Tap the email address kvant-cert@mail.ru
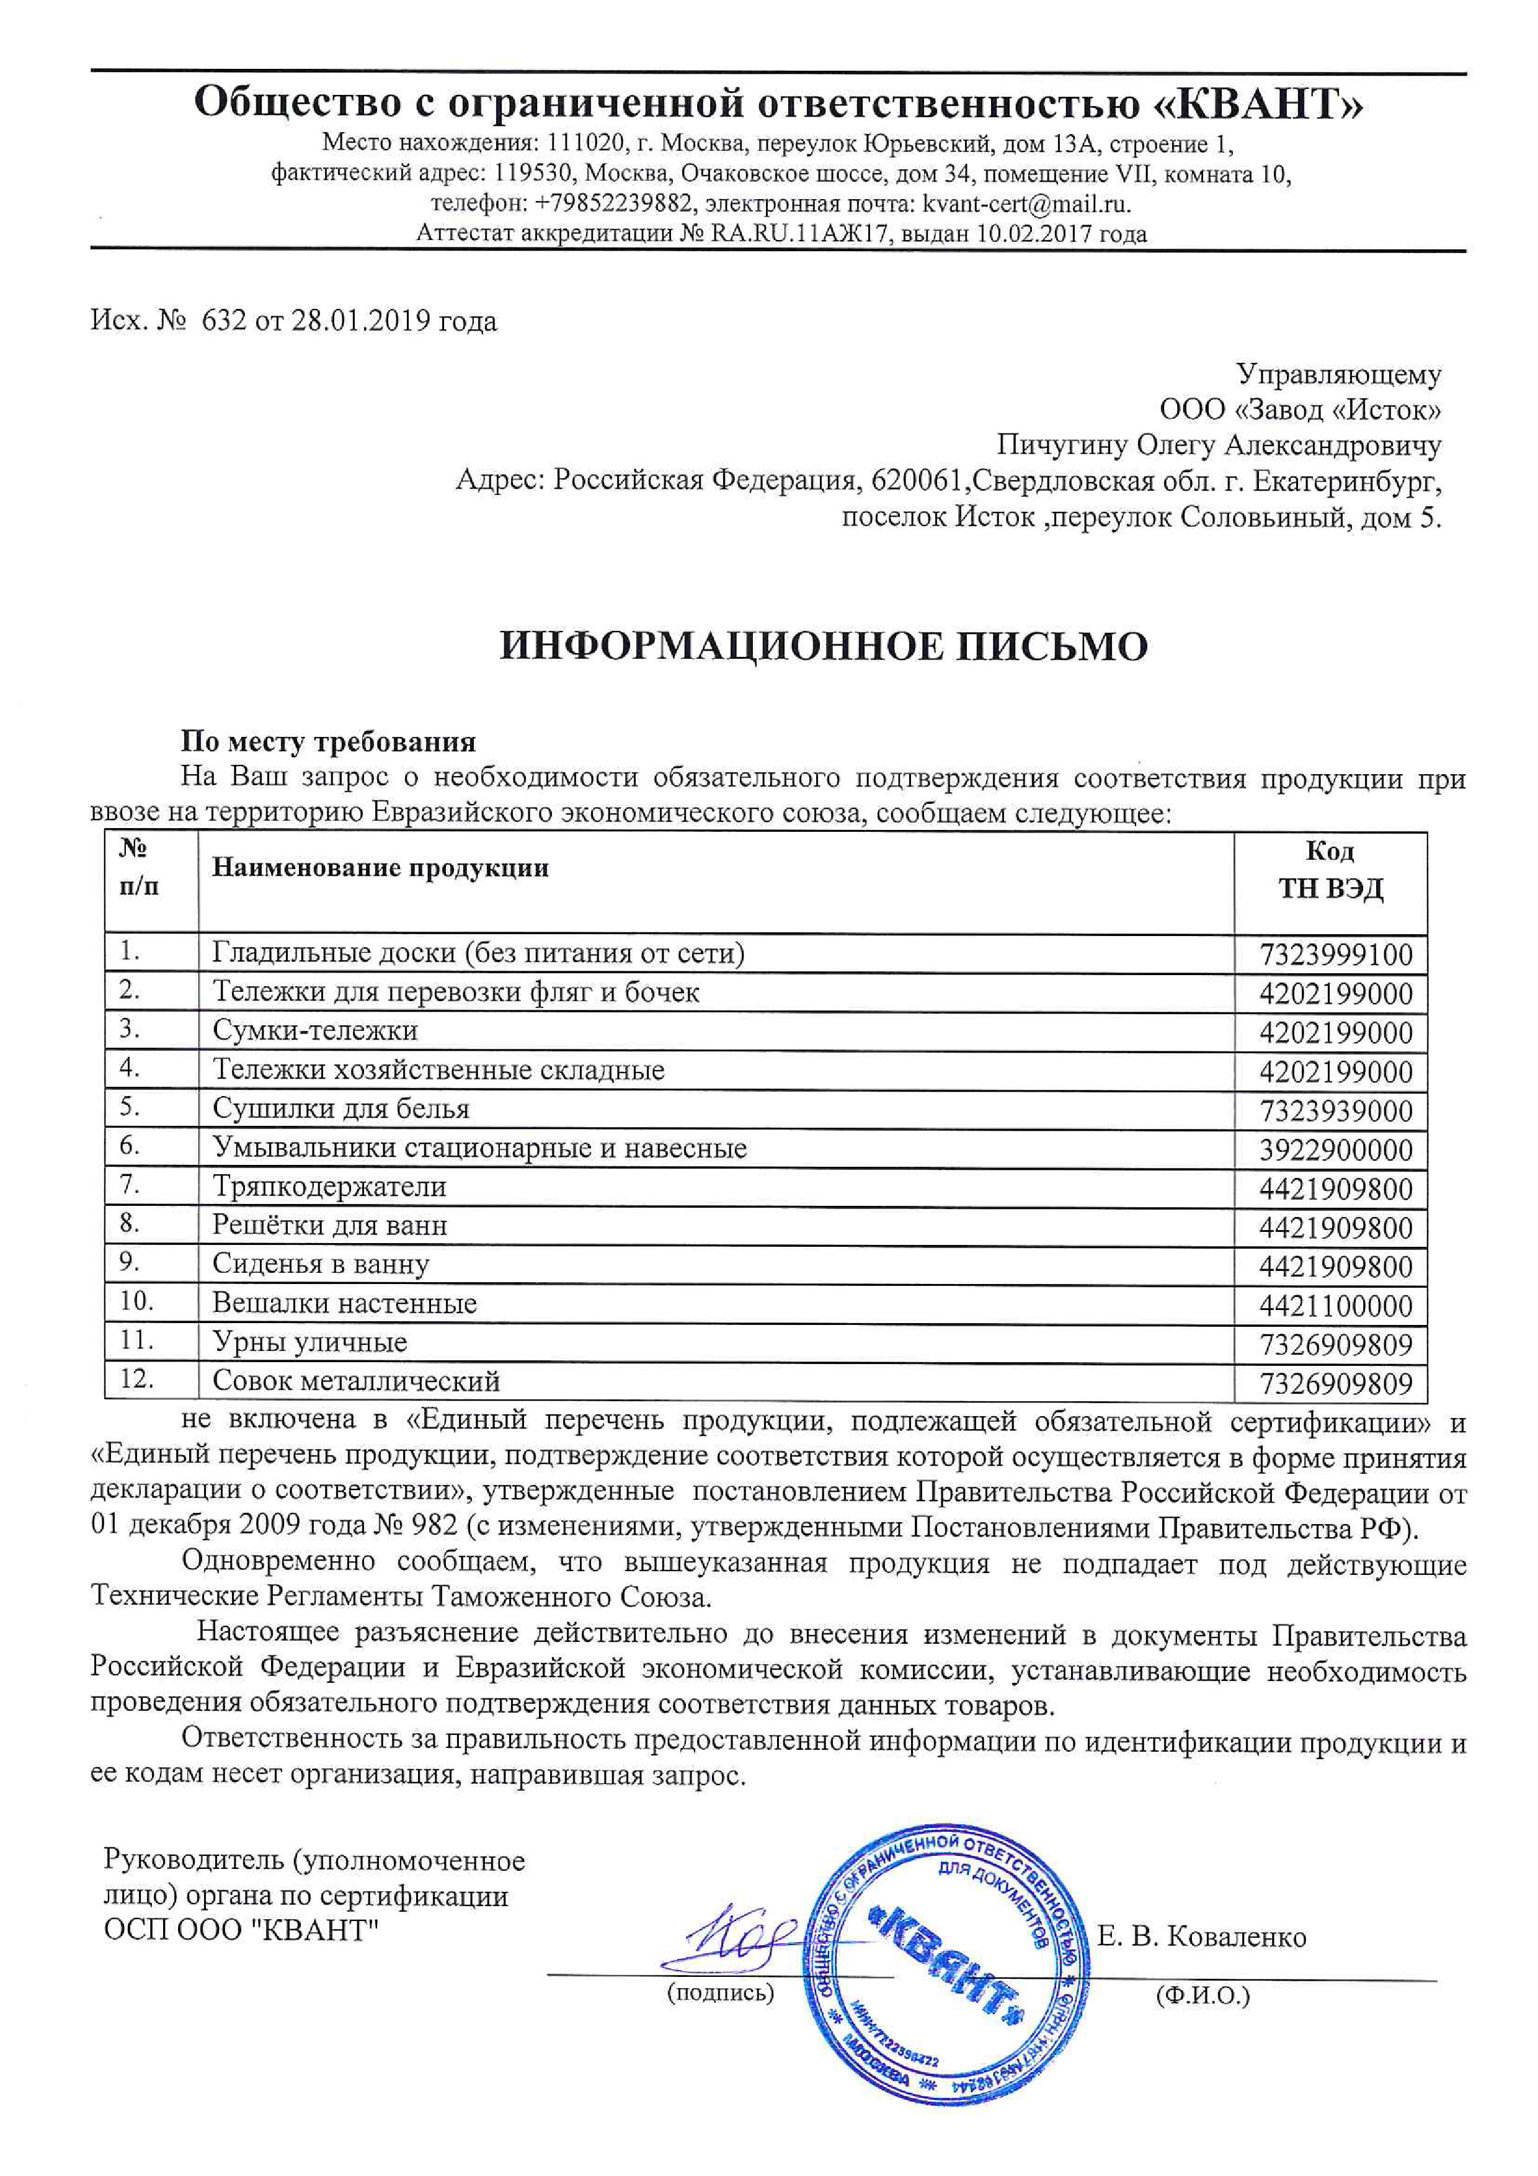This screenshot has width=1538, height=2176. pos(1026,203)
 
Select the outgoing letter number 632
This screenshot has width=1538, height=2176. pos(224,321)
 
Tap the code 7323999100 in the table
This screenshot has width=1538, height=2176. pos(1335,955)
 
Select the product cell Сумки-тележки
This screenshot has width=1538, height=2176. pos(314,1030)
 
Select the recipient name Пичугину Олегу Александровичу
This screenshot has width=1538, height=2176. pos(1219,445)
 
